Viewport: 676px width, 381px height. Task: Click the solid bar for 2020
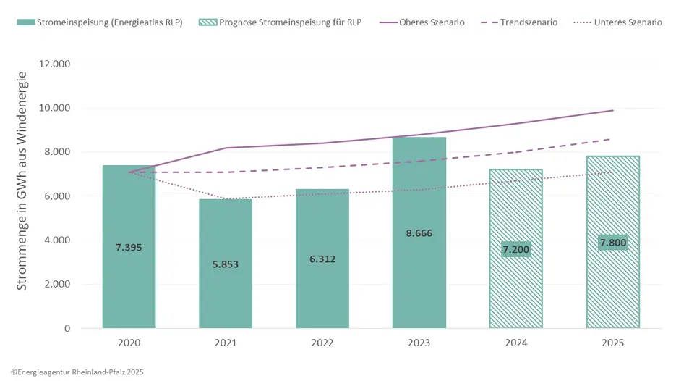129,275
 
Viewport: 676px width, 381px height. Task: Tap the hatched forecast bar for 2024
515,290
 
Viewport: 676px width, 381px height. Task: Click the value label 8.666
419,233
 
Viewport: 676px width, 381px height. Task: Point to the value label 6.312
322,259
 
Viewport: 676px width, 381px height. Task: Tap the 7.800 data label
612,243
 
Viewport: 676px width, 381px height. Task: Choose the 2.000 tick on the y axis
57,284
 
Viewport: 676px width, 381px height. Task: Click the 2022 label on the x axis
322,343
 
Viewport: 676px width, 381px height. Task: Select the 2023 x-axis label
419,343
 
